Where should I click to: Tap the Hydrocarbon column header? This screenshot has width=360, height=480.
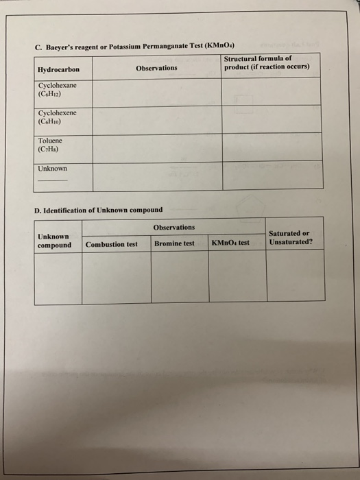(58, 69)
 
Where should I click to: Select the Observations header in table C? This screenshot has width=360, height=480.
(156, 68)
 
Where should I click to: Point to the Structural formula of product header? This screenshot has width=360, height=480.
(267, 63)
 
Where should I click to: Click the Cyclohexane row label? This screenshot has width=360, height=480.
(57, 88)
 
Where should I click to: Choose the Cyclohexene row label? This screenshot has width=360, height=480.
(57, 117)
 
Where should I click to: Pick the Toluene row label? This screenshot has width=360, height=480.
(49, 144)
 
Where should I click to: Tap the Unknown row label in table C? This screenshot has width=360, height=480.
(52, 168)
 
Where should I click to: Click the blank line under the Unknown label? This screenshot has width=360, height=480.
(53, 180)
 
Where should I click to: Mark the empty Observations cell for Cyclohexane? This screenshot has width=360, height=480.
(156, 92)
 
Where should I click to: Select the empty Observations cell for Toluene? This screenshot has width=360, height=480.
(156, 147)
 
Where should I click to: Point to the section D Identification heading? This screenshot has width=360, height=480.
(98, 210)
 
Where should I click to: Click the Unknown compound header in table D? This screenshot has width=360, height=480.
(53, 241)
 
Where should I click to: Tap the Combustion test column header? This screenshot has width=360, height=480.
(112, 244)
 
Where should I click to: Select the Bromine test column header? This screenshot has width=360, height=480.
(174, 243)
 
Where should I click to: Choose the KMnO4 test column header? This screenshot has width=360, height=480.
(230, 243)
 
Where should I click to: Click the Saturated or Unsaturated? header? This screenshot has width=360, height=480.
(290, 237)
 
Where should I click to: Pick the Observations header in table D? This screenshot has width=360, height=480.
(174, 227)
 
